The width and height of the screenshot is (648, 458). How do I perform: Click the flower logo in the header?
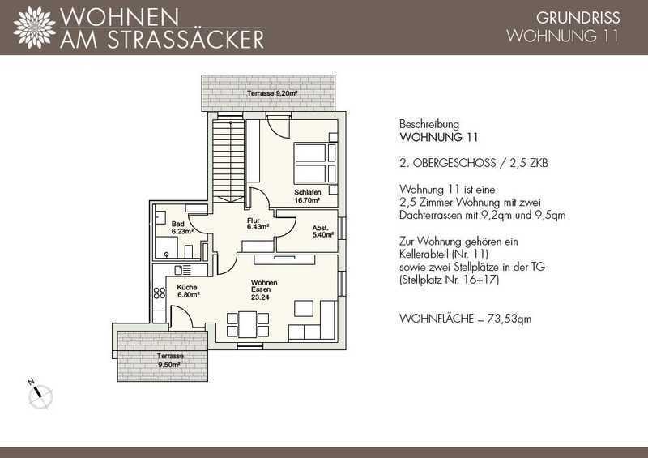tap(34, 28)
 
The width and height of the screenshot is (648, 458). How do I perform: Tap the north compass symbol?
tap(40, 395)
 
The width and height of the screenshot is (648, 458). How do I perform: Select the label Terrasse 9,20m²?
tap(272, 93)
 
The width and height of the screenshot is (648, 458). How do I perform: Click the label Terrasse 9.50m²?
tap(170, 361)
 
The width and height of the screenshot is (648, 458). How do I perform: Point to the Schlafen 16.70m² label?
tap(308, 196)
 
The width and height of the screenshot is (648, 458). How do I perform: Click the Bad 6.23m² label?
tap(182, 228)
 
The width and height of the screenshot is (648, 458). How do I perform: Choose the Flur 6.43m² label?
tap(258, 224)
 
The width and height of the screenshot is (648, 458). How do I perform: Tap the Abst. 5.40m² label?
tap(322, 231)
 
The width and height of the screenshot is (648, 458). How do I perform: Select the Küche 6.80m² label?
tap(189, 291)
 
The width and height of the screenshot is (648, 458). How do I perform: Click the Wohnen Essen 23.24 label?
tap(264, 289)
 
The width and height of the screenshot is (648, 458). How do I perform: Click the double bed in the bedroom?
tap(316, 163)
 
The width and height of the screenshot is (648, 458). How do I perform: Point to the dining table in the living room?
tap(248, 324)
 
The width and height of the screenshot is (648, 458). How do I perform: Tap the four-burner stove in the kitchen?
tap(159, 293)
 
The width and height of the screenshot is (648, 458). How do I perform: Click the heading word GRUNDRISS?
tap(578, 18)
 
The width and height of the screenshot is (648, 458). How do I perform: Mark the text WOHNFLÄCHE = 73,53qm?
tap(465, 319)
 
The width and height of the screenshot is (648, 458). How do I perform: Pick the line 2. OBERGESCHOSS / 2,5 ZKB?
tap(474, 163)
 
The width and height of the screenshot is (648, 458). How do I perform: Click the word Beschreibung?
tap(429, 124)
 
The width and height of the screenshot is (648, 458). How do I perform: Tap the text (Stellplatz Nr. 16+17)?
tap(450, 280)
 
